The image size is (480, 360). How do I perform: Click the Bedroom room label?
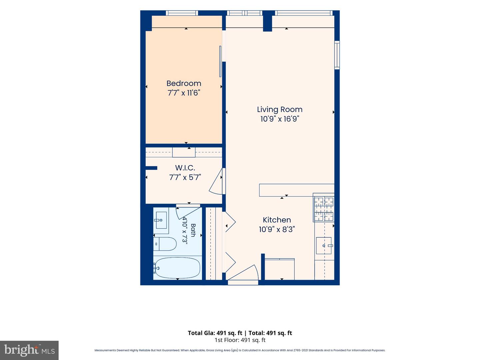click(184, 83)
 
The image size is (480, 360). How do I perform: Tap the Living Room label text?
click(280, 109)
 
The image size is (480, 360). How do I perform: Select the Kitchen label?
click(277, 220)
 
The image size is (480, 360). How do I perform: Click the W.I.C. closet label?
click(185, 168)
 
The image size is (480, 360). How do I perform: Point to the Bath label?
click(193, 230)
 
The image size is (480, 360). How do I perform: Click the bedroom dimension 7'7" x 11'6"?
click(184, 93)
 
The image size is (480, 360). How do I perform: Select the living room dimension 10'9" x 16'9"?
click(280, 119)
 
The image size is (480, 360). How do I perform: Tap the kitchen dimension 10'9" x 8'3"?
click(277, 229)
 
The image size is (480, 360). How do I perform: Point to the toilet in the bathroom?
click(165, 244)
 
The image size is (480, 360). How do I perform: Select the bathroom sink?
click(161, 220)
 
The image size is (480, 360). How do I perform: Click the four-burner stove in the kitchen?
click(324, 209)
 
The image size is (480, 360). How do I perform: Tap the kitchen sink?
click(324, 245)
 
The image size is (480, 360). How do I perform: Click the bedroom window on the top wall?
click(182, 13)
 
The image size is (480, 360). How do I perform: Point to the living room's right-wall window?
click(337, 55)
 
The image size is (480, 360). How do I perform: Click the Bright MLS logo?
click(29, 350)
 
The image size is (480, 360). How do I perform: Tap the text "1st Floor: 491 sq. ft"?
click(240, 340)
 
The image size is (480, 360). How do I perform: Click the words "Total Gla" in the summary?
click(201, 333)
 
